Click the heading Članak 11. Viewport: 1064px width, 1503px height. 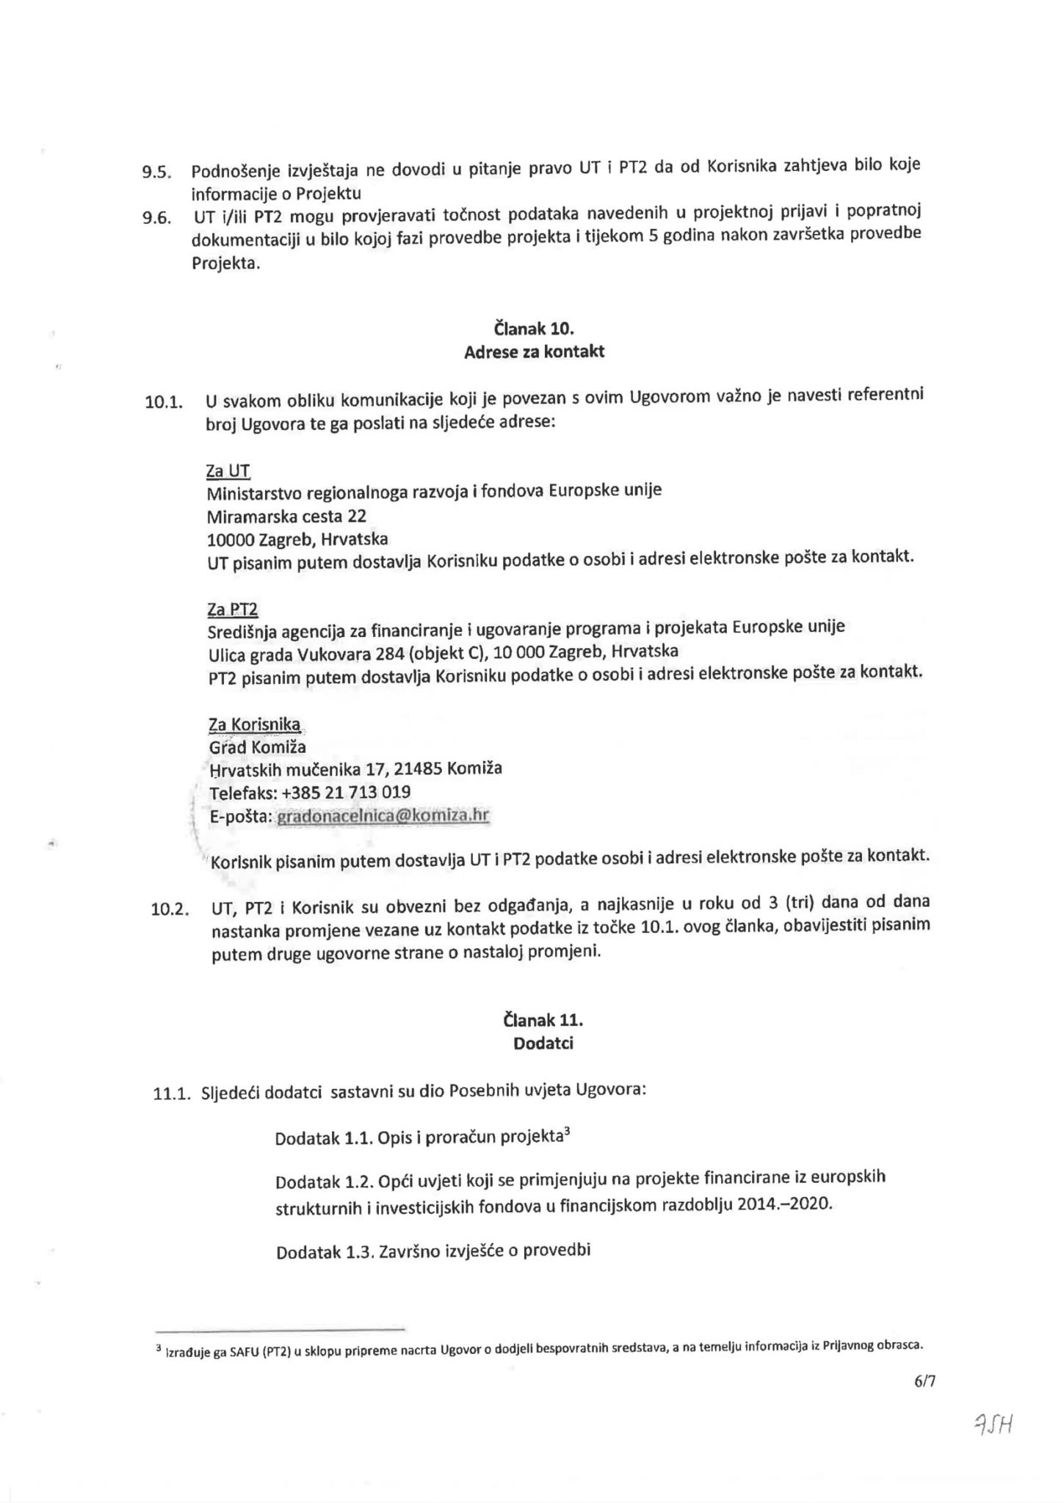[543, 1020]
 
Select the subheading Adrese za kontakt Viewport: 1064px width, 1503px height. [534, 352]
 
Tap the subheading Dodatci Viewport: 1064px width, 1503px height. [543, 1043]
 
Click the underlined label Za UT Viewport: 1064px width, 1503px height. [228, 470]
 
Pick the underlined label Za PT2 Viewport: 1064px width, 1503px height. [233, 610]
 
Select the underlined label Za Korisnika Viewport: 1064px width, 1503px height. [255, 725]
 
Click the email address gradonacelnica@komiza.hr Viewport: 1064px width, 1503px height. [382, 816]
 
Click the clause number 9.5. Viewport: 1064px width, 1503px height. [156, 173]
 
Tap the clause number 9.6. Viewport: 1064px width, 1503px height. [156, 218]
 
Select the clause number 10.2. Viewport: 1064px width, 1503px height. [170, 911]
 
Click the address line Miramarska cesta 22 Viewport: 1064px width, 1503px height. [286, 516]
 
